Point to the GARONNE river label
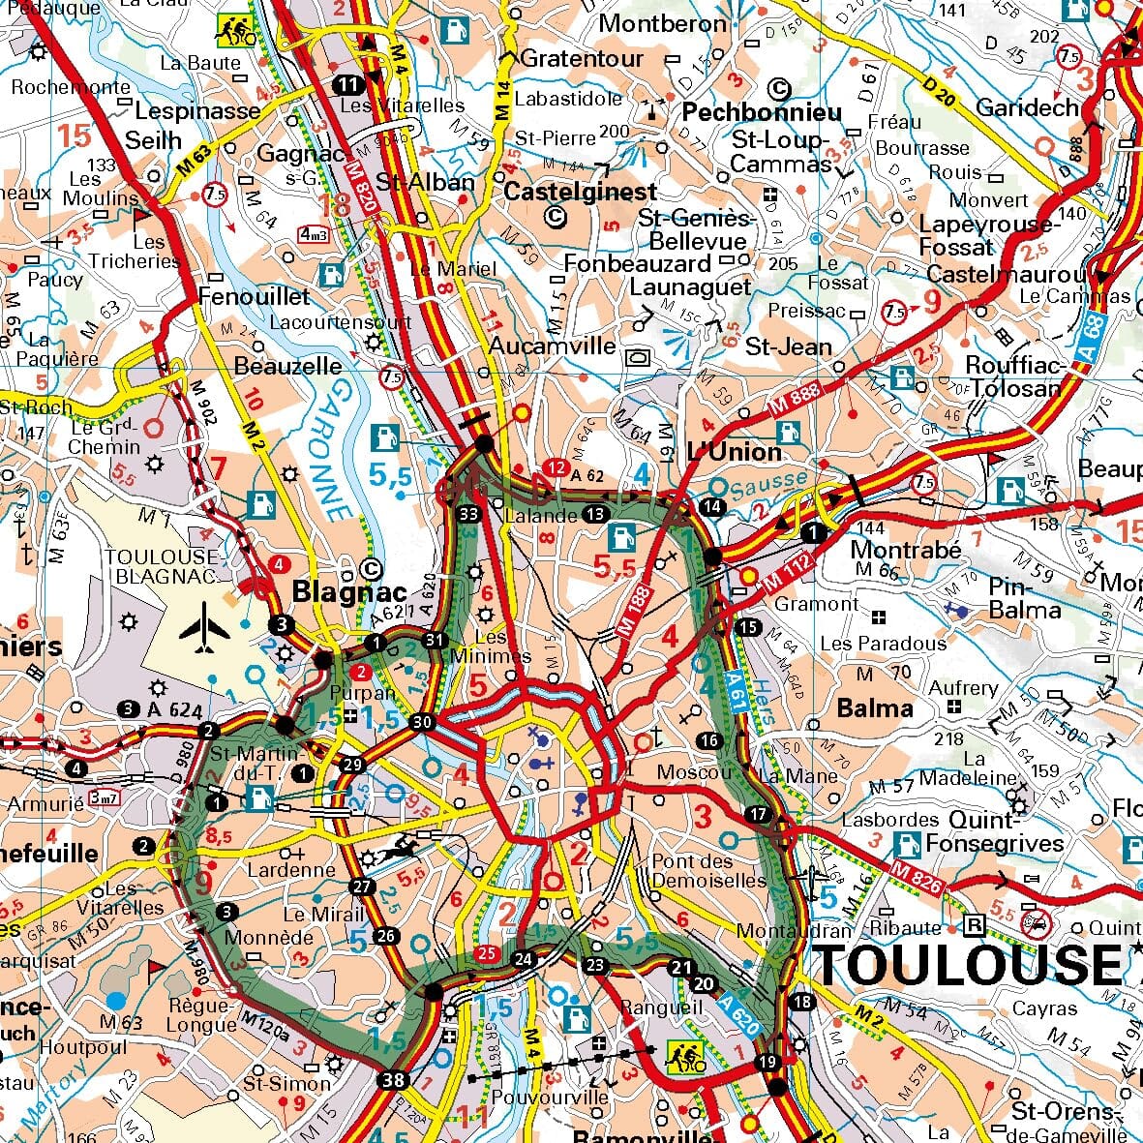click(334, 450)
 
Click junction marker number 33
click(469, 513)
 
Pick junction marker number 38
click(393, 1080)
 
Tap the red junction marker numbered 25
click(488, 954)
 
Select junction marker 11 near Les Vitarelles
click(349, 84)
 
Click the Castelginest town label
click(580, 192)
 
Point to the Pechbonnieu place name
click(762, 112)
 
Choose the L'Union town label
click(733, 452)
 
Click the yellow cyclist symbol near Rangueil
click(686, 1059)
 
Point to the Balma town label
click(874, 707)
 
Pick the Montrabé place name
click(905, 550)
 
